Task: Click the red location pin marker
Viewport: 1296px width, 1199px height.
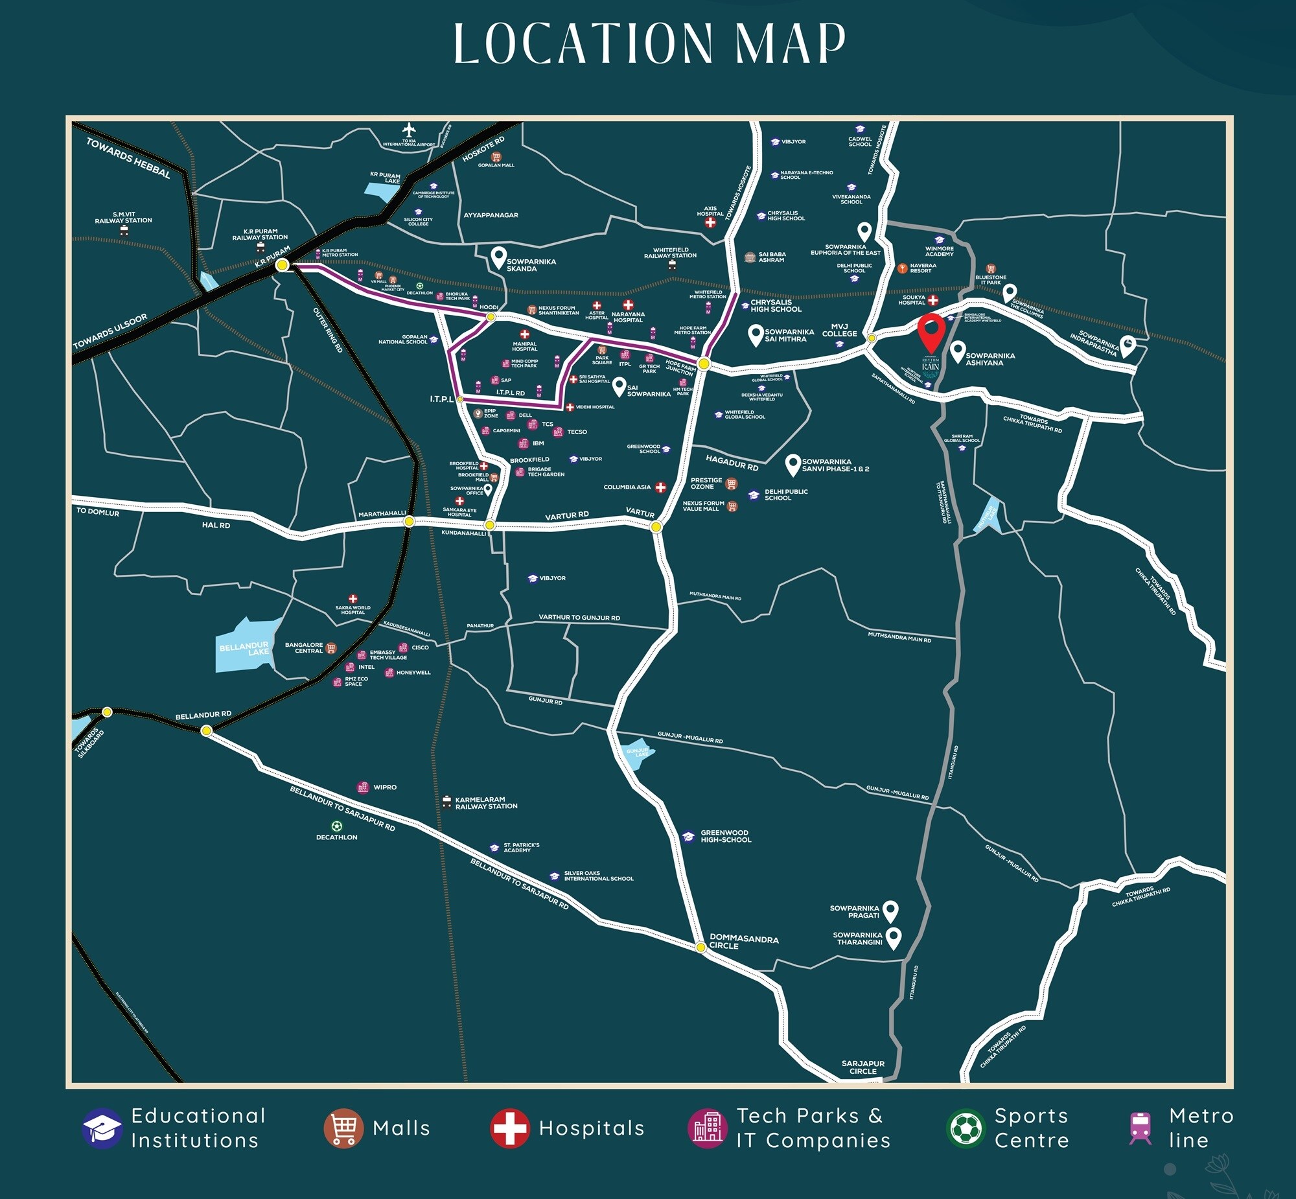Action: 932,331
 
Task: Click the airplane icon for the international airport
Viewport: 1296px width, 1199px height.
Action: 409,130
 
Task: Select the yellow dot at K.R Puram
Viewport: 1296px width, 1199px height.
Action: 282,264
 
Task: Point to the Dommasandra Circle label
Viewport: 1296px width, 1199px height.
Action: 743,942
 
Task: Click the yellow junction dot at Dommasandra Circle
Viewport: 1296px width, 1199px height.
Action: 700,948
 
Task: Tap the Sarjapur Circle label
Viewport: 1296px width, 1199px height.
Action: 862,1067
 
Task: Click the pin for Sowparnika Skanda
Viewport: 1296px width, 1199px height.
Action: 498,257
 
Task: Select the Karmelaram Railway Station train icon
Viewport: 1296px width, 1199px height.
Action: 446,802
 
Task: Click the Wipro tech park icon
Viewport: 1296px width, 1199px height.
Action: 364,787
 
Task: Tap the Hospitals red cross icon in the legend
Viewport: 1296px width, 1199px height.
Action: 510,1128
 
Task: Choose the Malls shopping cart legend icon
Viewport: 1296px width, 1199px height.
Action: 343,1128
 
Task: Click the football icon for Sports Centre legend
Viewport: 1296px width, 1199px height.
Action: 965,1128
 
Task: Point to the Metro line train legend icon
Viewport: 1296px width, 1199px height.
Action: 1140,1128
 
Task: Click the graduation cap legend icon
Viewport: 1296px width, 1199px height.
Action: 102,1128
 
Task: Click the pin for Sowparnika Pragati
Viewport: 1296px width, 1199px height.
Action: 890,911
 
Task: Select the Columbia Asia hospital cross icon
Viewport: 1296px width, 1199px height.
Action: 660,487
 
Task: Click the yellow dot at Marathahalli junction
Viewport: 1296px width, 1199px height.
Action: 409,521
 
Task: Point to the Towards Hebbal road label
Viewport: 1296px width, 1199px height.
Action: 128,158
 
